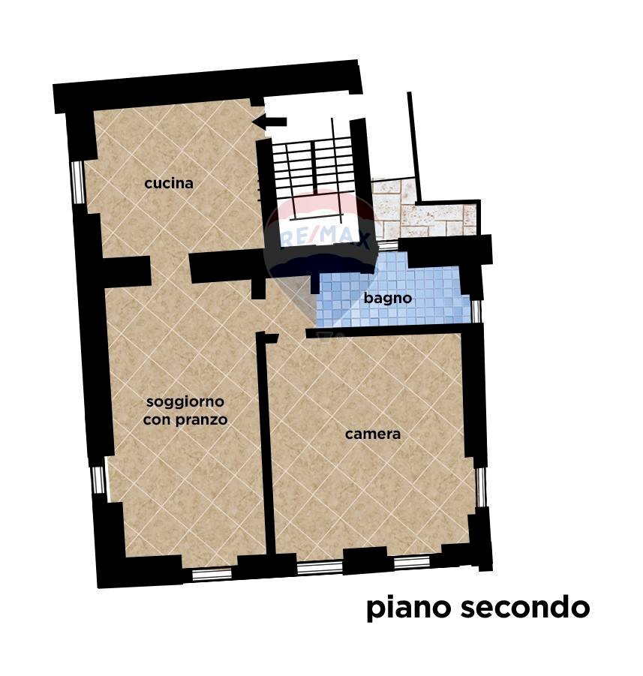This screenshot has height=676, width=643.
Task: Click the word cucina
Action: click(169, 183)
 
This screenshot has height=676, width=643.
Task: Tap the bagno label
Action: click(388, 298)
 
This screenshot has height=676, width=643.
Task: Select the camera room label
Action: click(373, 434)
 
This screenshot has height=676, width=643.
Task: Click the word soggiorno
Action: click(185, 402)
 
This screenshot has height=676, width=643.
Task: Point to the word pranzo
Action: click(201, 420)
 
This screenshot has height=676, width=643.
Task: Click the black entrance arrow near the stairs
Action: click(269, 122)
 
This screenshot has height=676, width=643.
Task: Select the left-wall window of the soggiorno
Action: click(98, 480)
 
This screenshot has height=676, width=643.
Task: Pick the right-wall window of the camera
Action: click(481, 486)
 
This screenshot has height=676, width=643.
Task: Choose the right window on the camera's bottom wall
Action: click(412, 562)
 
